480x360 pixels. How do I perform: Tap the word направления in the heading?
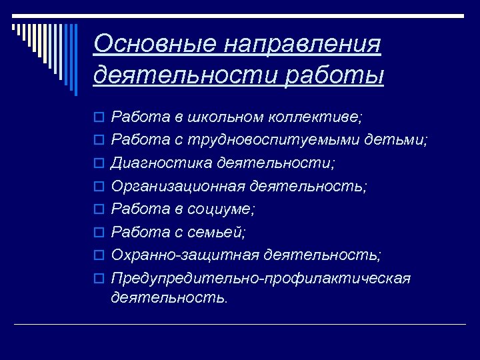303,44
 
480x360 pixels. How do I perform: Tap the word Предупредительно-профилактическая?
261,278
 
